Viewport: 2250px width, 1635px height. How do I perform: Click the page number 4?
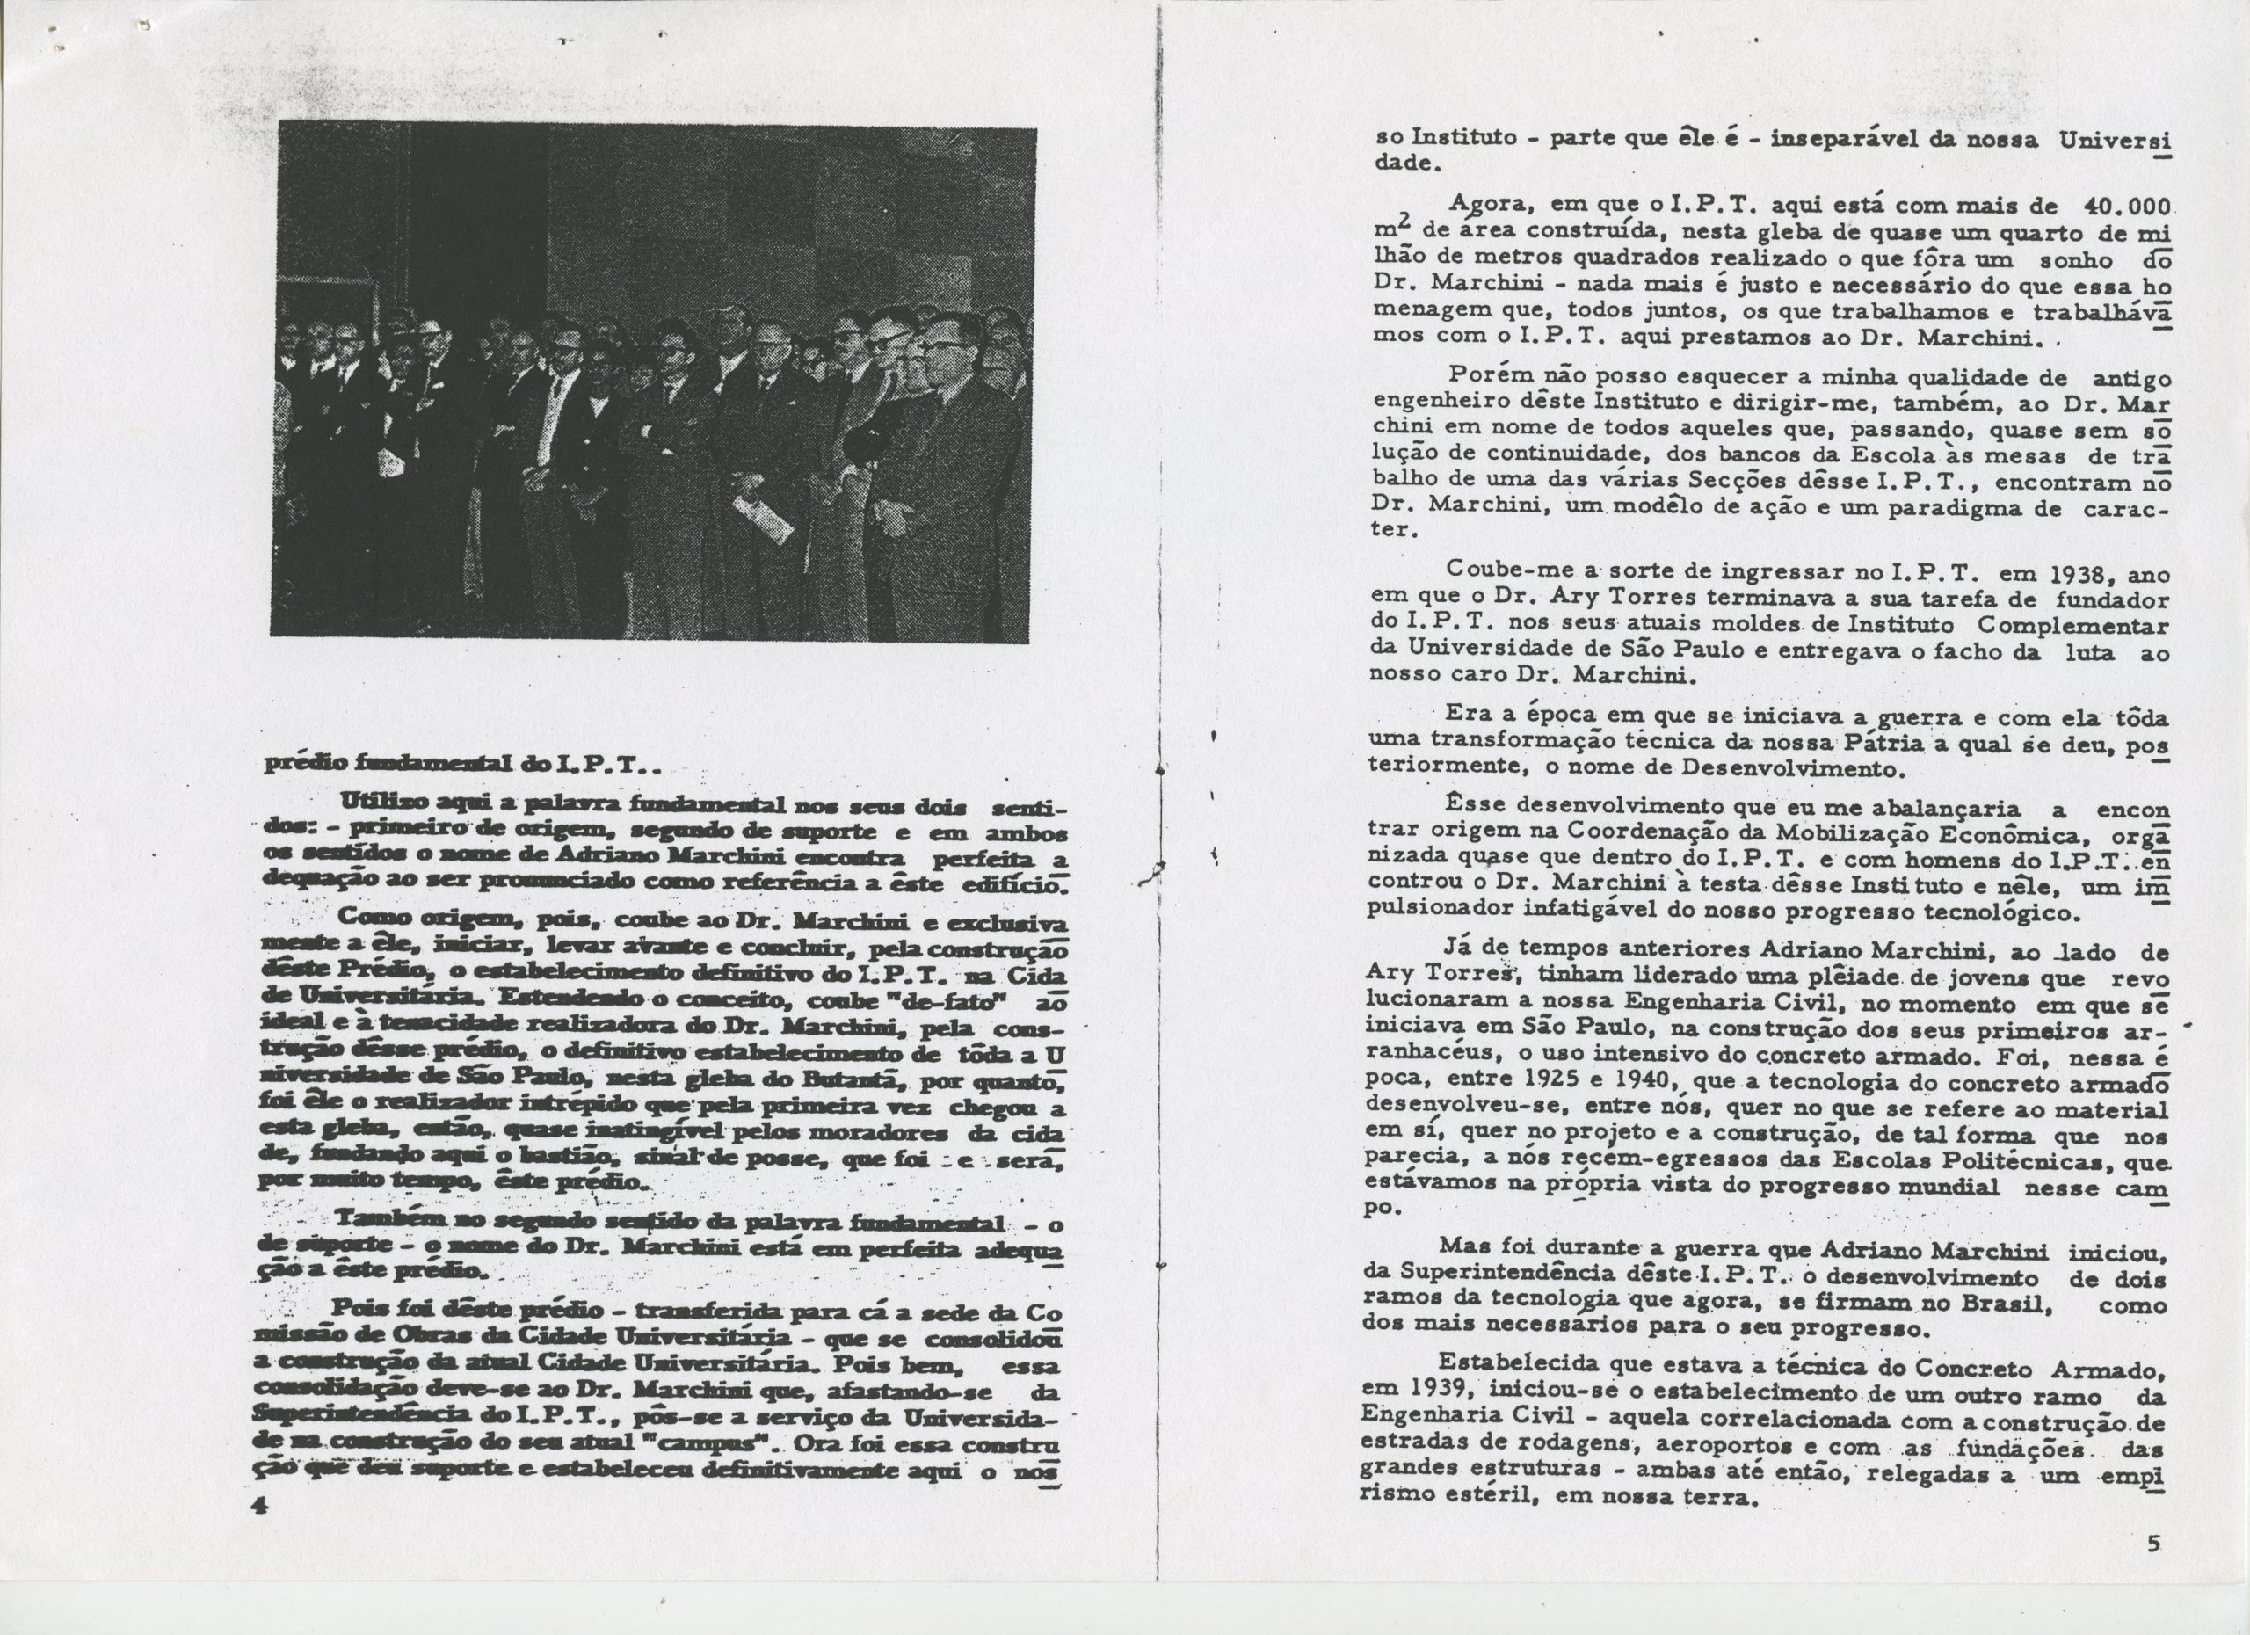click(262, 1505)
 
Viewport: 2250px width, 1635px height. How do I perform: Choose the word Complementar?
click(2068, 627)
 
